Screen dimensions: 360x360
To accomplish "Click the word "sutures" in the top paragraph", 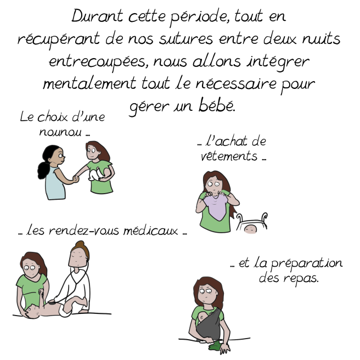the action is click(x=186, y=39).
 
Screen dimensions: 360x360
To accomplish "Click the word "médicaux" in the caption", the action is click(x=150, y=230).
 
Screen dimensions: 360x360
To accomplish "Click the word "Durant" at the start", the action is click(x=97, y=16).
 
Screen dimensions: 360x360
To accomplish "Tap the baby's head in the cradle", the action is click(x=250, y=229).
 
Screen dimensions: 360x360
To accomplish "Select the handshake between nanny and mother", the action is click(x=76, y=178).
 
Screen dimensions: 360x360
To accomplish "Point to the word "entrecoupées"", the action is click(x=97, y=62).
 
